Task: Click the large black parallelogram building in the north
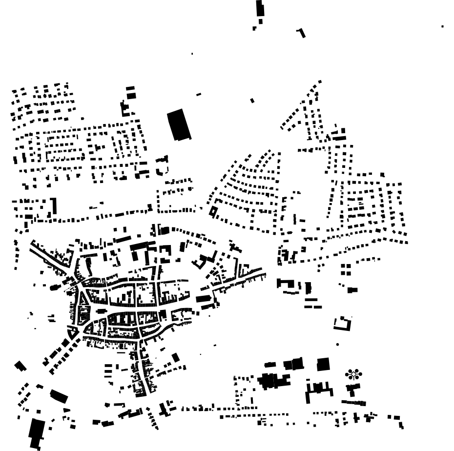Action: point(179,124)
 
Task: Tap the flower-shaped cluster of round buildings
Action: point(353,375)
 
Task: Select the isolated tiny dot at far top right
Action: point(442,26)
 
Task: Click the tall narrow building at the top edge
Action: point(260,9)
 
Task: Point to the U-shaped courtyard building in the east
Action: point(343,323)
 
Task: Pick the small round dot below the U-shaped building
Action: point(337,345)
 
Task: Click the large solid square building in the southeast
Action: point(323,364)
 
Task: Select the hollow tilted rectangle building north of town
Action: point(213,211)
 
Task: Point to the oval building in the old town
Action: point(101,310)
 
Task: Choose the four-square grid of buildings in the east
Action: point(346,269)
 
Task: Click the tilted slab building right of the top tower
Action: point(302,33)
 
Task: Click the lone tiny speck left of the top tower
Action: point(192,54)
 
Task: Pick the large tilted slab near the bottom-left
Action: point(59,396)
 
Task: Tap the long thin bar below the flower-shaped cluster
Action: point(353,403)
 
